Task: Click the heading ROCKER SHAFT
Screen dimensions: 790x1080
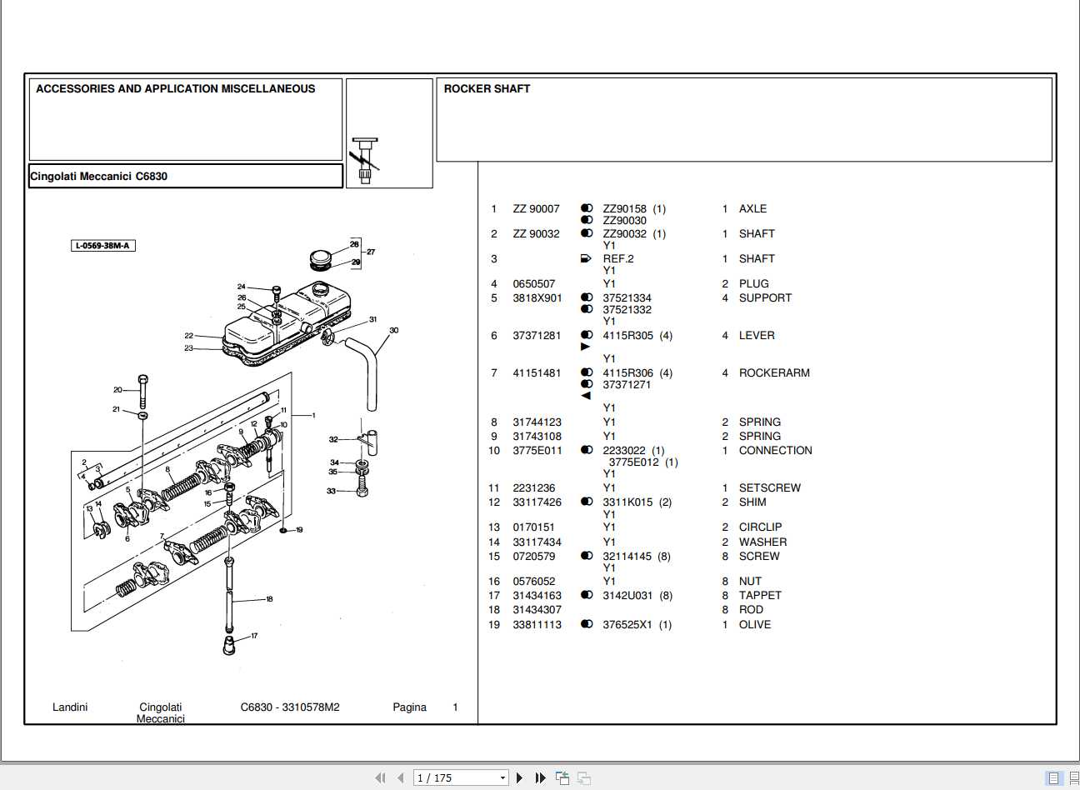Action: pos(487,88)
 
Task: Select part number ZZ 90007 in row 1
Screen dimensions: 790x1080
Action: pos(536,209)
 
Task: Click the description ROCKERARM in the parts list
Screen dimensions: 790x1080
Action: pos(773,373)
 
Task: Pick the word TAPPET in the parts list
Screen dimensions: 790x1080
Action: pos(759,596)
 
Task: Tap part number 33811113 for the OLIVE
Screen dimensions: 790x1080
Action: pos(537,625)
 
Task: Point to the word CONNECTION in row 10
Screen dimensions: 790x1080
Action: pos(775,451)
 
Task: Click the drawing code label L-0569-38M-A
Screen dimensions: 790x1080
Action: pos(102,246)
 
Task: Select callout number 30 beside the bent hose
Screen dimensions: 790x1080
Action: pos(394,331)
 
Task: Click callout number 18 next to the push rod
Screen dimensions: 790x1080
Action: pos(269,599)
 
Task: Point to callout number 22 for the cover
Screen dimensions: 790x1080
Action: pos(189,336)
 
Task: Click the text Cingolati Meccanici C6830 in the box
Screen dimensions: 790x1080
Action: pos(98,177)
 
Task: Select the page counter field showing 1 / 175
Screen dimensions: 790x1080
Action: pos(460,777)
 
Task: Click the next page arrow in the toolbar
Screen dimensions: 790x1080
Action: pos(520,777)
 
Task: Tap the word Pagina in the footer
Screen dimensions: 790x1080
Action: pos(409,707)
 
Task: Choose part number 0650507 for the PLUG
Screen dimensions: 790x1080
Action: pos(533,284)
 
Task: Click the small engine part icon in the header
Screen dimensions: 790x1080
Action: pos(364,159)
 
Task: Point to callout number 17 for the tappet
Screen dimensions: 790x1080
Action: pos(254,636)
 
